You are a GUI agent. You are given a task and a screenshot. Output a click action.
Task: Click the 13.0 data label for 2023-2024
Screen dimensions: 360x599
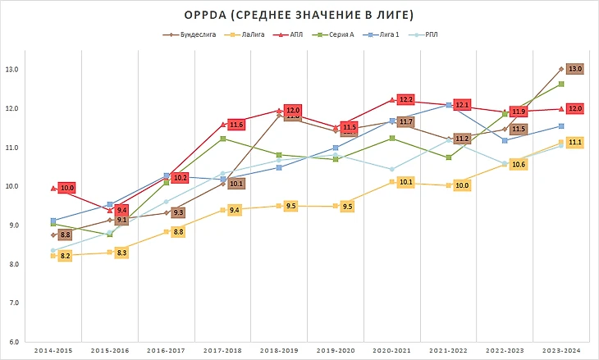coord(575,69)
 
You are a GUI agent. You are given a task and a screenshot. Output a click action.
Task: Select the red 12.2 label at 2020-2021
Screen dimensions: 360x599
coord(405,99)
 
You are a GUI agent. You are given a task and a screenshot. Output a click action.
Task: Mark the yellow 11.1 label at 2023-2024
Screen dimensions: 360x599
coord(575,143)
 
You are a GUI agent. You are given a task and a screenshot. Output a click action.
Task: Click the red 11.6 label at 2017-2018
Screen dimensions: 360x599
coord(236,125)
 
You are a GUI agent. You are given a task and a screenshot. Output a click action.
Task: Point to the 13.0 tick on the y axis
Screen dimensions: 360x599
coord(12,70)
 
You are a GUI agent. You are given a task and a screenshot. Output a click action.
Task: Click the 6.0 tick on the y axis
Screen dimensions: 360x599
coord(12,342)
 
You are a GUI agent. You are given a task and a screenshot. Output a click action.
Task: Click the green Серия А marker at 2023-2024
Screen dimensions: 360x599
coord(560,84)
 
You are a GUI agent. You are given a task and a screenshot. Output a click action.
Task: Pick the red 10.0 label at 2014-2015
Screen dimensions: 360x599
coord(67,188)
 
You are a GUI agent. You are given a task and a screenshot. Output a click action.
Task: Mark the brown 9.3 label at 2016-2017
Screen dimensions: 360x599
coord(179,212)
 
